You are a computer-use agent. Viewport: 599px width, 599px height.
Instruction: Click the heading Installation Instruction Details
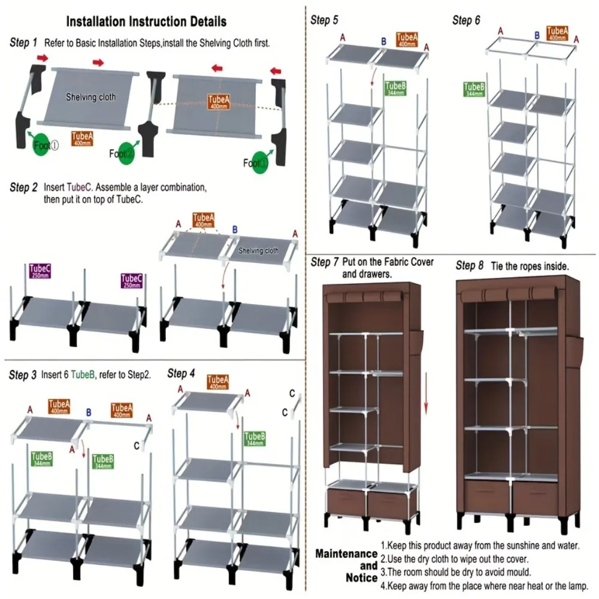(x=146, y=22)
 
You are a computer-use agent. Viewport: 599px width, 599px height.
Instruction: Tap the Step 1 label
(x=24, y=43)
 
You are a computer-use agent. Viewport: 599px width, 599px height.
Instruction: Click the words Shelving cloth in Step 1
(x=91, y=97)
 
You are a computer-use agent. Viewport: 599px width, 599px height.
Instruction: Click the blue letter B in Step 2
(x=234, y=229)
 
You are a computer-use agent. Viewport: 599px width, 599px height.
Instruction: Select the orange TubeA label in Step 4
(x=217, y=382)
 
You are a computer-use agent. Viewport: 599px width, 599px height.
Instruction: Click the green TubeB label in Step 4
(x=255, y=439)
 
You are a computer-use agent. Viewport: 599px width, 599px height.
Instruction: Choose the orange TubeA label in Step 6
(x=556, y=33)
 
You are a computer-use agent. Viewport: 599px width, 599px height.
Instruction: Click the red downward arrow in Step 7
(x=426, y=392)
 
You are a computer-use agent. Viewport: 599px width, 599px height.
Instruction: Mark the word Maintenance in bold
(x=346, y=553)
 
